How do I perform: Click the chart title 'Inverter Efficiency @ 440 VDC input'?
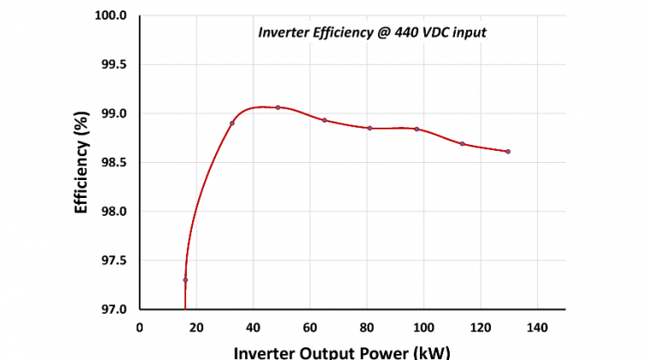click(x=373, y=33)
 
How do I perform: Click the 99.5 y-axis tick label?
click(x=113, y=64)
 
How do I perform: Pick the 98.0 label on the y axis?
click(x=113, y=212)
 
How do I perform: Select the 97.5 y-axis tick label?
click(x=113, y=261)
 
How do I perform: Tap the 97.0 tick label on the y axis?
click(x=113, y=309)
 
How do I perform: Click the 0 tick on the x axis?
click(x=140, y=327)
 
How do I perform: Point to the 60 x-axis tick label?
click(x=309, y=327)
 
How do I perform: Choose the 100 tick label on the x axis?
click(x=423, y=327)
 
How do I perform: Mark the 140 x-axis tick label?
click(x=536, y=327)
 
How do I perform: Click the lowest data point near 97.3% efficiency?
click(x=185, y=280)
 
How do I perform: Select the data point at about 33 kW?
click(x=232, y=123)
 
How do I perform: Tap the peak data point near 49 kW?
click(x=278, y=107)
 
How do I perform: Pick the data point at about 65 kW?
click(x=325, y=120)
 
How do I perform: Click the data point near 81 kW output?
click(x=369, y=128)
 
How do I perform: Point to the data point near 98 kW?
click(x=416, y=129)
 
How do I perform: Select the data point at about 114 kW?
click(x=462, y=143)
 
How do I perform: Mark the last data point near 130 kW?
click(x=508, y=152)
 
